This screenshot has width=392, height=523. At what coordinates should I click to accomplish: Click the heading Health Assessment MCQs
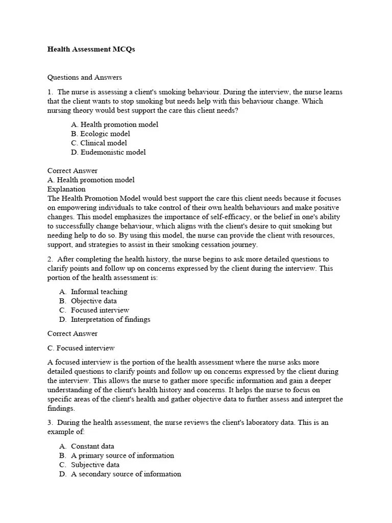coord(91,50)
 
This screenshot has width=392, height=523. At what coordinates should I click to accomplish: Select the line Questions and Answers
coord(85,78)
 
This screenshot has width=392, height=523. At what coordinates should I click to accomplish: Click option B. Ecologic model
coord(101,134)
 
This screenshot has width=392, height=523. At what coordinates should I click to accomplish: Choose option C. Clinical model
coord(99,143)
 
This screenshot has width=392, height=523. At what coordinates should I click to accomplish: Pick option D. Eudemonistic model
coord(108,152)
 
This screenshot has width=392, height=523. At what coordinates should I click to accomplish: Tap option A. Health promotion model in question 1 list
coord(114,125)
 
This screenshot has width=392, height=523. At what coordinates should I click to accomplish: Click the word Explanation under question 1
coord(66,189)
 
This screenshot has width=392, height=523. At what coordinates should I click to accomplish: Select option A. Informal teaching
coord(93,292)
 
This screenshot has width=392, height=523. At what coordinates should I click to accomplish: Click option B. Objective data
coord(88,301)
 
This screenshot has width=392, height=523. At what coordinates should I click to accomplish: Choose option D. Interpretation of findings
coord(104,319)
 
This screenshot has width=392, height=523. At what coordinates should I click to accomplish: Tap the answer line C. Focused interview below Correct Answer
coord(81,348)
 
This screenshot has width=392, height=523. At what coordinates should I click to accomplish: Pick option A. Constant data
coord(86,446)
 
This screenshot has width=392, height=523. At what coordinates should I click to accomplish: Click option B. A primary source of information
coord(116,456)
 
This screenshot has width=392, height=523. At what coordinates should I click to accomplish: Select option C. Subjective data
coord(89,465)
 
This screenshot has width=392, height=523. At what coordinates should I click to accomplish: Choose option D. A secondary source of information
coord(120,474)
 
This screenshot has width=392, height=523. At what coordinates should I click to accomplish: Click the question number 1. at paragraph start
coord(51,92)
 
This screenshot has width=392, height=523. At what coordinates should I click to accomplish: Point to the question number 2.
coord(51,259)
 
